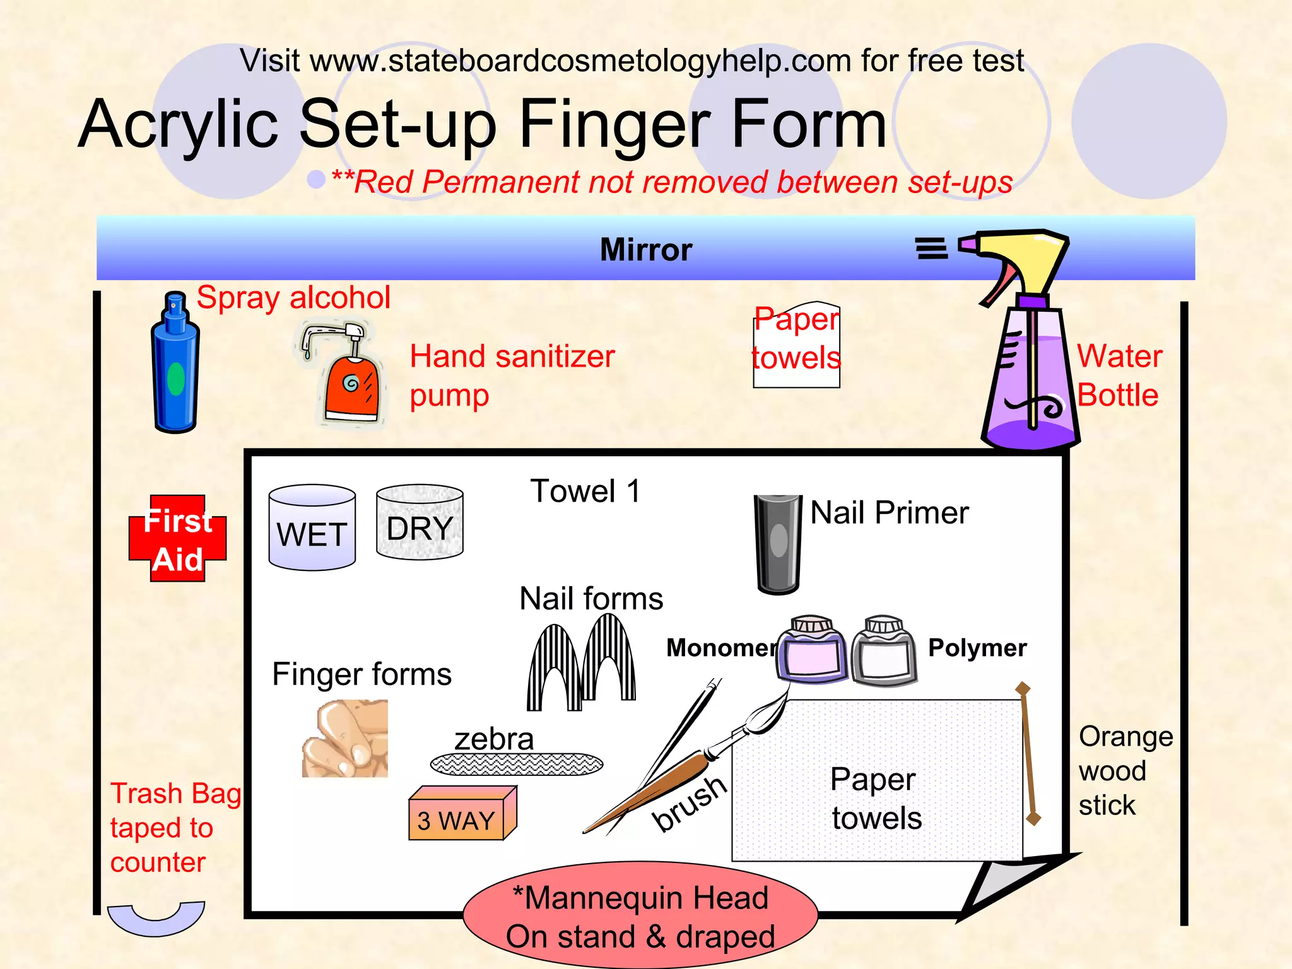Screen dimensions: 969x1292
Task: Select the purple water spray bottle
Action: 1030,379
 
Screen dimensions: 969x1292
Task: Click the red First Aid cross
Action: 178,538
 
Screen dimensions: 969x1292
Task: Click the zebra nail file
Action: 517,765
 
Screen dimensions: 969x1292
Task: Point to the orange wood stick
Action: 1028,754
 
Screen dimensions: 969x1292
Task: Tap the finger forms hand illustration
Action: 345,739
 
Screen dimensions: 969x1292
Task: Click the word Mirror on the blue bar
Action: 645,250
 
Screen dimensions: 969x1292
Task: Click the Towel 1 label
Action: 585,491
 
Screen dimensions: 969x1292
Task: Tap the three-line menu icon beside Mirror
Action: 932,249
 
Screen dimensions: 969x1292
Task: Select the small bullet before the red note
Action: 316,179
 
